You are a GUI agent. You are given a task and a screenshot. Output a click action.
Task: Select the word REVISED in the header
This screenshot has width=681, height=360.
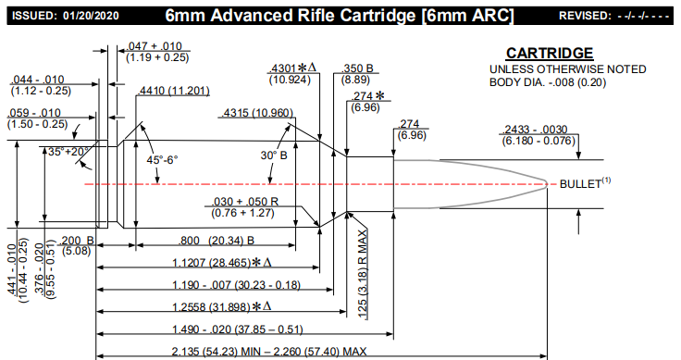click(589, 17)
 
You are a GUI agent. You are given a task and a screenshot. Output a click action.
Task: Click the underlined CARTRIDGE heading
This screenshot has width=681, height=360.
click(550, 54)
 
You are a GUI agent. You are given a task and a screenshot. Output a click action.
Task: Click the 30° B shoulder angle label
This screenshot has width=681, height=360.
click(274, 155)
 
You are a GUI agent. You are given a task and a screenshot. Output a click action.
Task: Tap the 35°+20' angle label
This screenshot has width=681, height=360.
click(66, 151)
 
